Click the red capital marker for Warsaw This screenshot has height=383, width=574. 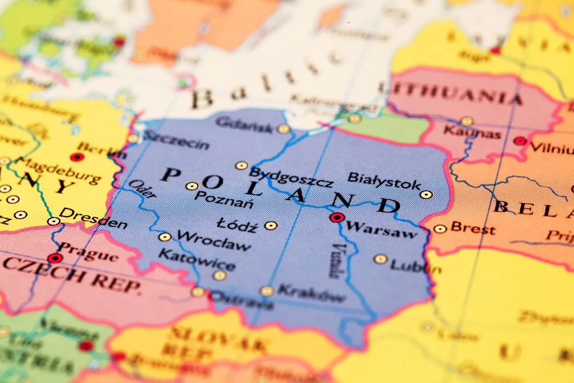pos(336,218)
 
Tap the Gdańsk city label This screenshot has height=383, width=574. pos(244,125)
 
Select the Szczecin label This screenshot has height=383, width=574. pos(176,140)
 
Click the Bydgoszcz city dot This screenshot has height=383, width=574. pos(241,165)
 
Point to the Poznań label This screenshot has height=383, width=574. pos(224,199)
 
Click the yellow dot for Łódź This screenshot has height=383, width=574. pos(271,226)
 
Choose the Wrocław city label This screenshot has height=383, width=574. pos(214,241)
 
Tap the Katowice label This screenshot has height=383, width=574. pos(196,260)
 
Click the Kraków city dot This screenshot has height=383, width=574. pos(267,291)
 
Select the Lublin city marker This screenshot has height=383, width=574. pos(380,259)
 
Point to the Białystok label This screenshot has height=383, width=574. pos(384,180)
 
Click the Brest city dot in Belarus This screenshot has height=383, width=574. pos(440,229)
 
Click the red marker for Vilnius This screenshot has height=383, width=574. pos(520,141)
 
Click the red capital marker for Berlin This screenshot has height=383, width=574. pos(77,157)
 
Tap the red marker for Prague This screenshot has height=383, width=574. pos(55,258)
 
